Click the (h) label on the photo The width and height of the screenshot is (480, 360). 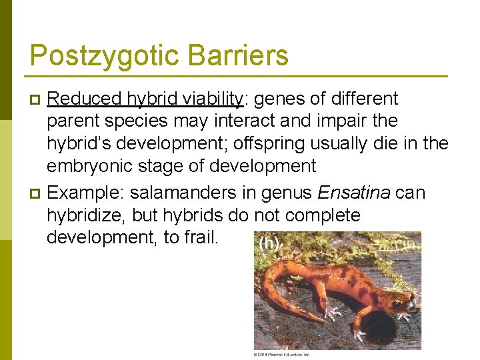click(268, 244)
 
